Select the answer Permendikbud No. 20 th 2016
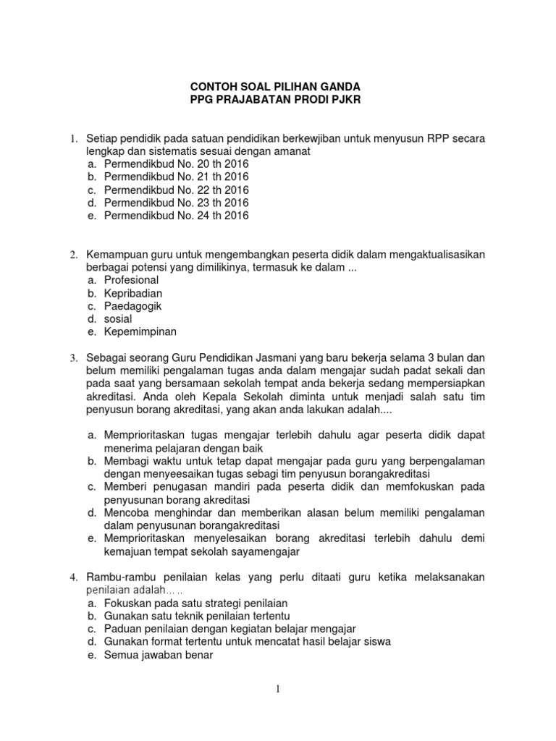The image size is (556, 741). (x=176, y=164)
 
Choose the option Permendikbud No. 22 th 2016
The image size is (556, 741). (x=176, y=190)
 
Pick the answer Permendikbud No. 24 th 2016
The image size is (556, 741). (x=176, y=216)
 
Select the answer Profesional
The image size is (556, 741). (x=131, y=280)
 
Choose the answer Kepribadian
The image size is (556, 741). (x=133, y=293)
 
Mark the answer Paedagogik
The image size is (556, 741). (x=133, y=306)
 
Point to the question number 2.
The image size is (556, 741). (x=72, y=255)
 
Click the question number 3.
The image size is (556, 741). (x=72, y=358)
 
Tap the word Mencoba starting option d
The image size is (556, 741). (x=129, y=512)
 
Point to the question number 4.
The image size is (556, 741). (x=72, y=577)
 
